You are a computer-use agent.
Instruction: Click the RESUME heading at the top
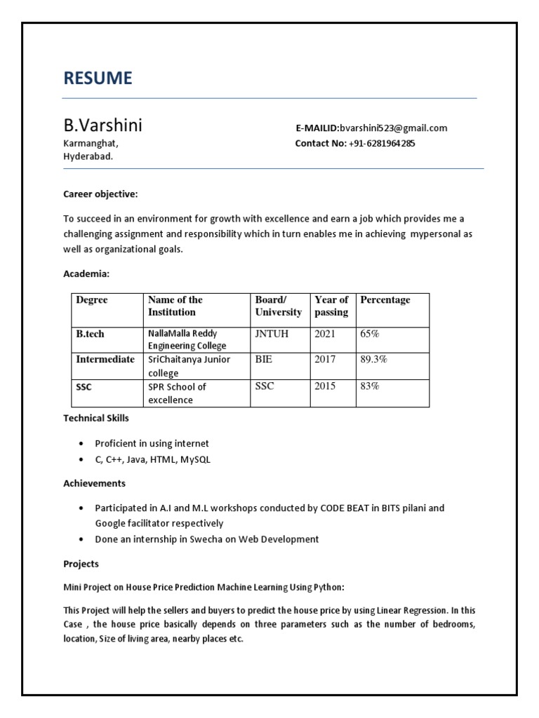point(98,79)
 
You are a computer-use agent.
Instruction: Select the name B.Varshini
point(102,126)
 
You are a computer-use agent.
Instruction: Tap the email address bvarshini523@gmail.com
point(393,128)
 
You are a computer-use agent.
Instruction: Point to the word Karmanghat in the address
point(90,144)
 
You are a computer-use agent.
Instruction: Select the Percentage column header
point(385,300)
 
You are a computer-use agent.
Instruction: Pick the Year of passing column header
point(331,306)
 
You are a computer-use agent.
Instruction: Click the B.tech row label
point(90,334)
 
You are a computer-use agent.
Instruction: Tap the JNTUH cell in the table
point(272,334)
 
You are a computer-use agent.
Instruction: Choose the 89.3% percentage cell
point(373,360)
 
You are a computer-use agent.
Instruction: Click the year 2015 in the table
point(325,386)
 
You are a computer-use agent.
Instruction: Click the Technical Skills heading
point(96,418)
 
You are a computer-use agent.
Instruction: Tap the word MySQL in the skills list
point(195,460)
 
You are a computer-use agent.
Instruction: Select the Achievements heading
point(94,483)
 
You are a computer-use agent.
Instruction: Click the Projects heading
point(81,564)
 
